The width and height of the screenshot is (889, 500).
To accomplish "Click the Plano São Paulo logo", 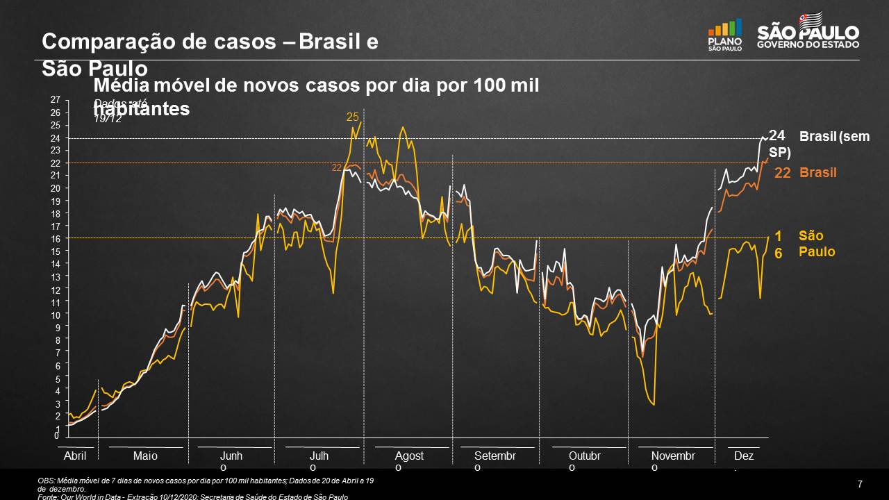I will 724,35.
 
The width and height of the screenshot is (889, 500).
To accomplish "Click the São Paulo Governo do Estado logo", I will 808,33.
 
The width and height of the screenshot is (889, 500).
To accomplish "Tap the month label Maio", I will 145,456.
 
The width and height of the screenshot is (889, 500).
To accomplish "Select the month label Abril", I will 75,456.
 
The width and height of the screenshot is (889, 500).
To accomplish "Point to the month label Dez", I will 743,456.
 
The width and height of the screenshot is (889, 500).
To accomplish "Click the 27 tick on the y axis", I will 56,100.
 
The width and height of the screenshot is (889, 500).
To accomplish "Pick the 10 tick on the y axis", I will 56,315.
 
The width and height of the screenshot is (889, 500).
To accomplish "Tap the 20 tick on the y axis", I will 56,188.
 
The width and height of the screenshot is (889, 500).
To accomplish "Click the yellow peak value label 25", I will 352,117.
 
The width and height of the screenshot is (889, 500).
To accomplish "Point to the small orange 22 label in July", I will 337,167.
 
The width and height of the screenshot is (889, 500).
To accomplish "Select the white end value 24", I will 776,135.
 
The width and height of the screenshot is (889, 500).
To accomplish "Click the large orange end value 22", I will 783,173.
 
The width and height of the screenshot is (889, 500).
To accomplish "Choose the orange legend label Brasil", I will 817,172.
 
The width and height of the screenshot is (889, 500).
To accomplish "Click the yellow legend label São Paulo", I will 817,244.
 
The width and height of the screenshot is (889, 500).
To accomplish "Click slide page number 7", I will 860,484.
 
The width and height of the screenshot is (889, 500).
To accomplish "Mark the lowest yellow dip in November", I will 654,404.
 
